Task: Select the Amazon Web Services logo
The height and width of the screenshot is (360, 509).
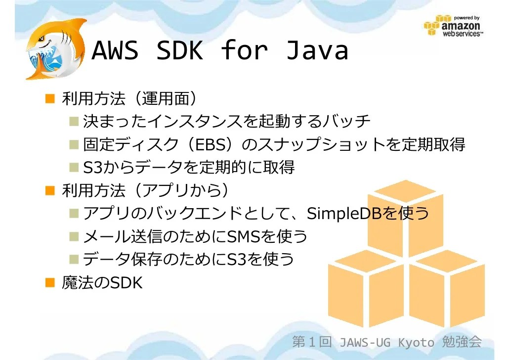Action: tap(455, 26)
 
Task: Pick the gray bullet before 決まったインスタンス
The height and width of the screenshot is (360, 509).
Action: tap(74, 121)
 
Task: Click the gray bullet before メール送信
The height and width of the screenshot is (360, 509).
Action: tap(74, 236)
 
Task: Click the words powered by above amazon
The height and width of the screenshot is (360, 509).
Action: tap(467, 18)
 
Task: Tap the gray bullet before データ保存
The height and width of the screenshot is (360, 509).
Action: tap(74, 259)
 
